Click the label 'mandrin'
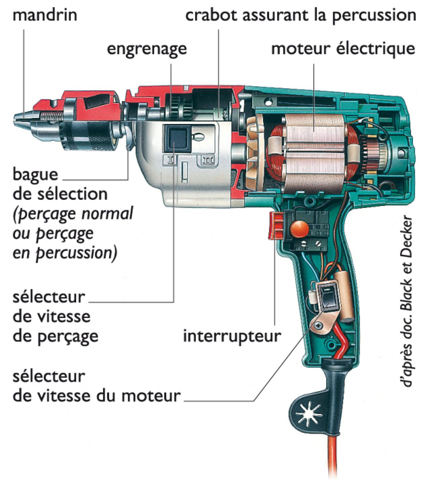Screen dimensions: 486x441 point(45,15)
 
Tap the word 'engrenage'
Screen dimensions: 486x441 point(147,49)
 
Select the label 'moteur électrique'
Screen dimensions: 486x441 point(343,49)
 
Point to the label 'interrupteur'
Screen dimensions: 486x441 point(232,336)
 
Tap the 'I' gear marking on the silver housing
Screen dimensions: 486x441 point(171,160)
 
